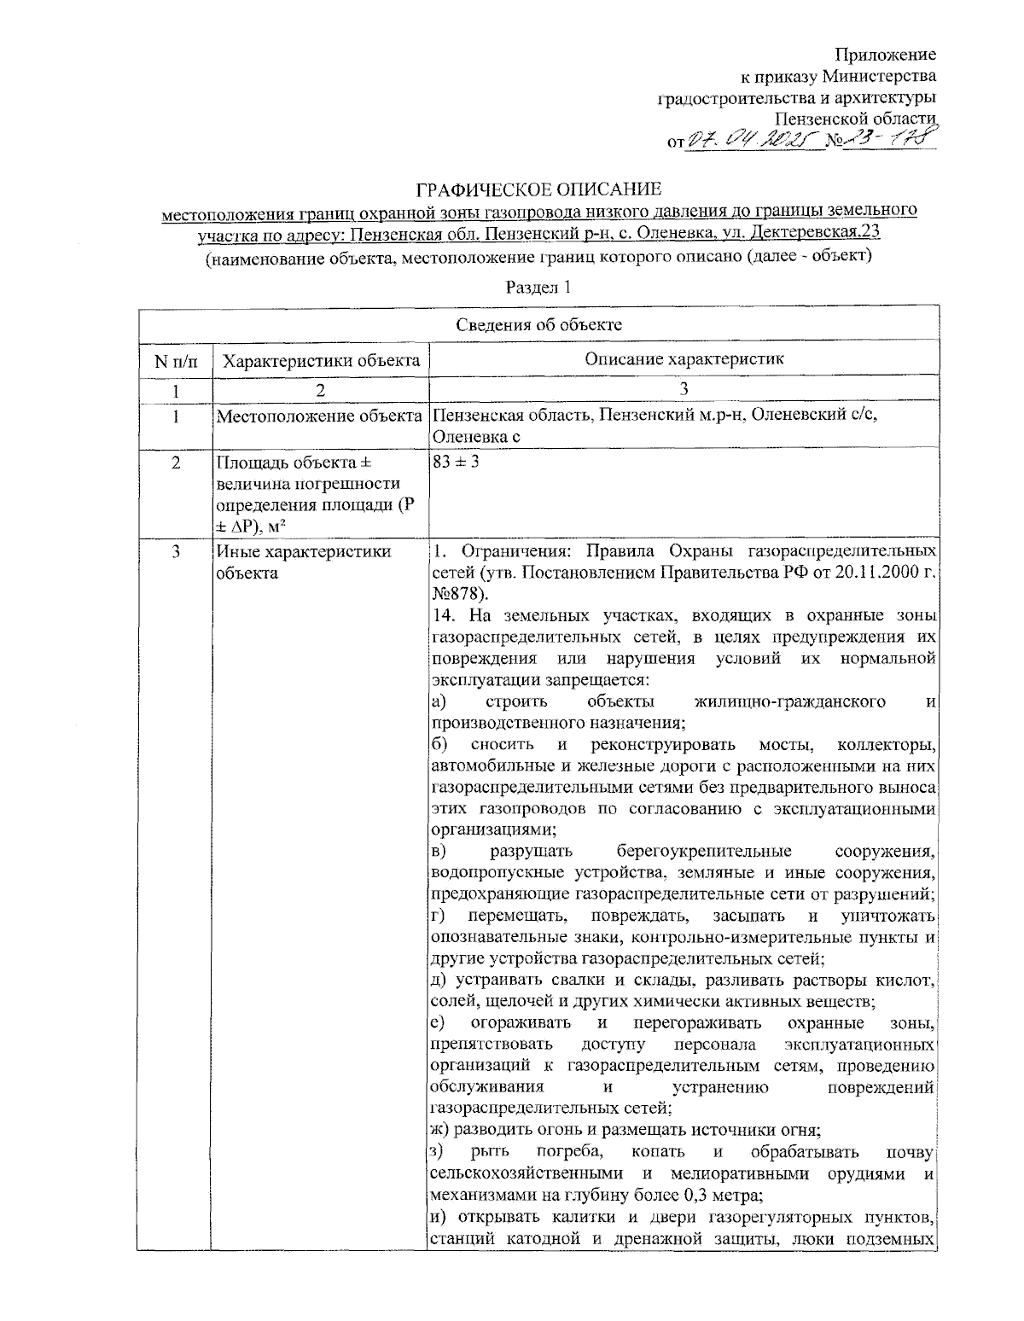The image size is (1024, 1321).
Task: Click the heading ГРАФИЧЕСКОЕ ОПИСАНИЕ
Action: click(x=538, y=188)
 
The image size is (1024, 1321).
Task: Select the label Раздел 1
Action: click(x=538, y=288)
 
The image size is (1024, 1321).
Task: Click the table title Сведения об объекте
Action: click(x=538, y=324)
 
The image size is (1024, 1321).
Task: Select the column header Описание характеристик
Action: click(x=684, y=359)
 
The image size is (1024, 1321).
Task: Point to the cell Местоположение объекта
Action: click(x=321, y=417)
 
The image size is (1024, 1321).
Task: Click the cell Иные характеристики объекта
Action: click(x=303, y=562)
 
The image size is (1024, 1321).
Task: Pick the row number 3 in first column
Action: click(x=174, y=552)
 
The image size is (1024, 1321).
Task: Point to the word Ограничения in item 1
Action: click(x=503, y=552)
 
